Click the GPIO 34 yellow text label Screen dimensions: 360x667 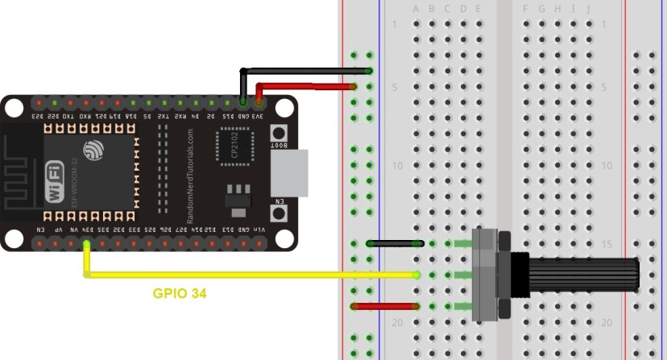coord(180,294)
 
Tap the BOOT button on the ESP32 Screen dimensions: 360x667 coord(279,134)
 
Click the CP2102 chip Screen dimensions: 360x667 coord(233,148)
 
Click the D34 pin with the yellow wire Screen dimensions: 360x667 coord(86,241)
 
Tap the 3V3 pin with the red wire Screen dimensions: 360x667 coord(259,103)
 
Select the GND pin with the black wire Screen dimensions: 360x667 coord(243,103)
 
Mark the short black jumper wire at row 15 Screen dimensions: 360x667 coord(394,242)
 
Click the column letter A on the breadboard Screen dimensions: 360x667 coord(416,10)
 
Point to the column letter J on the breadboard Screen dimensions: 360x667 coord(588,10)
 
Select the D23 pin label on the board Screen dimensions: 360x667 coord(37,117)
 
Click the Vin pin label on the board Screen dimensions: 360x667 coord(259,230)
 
